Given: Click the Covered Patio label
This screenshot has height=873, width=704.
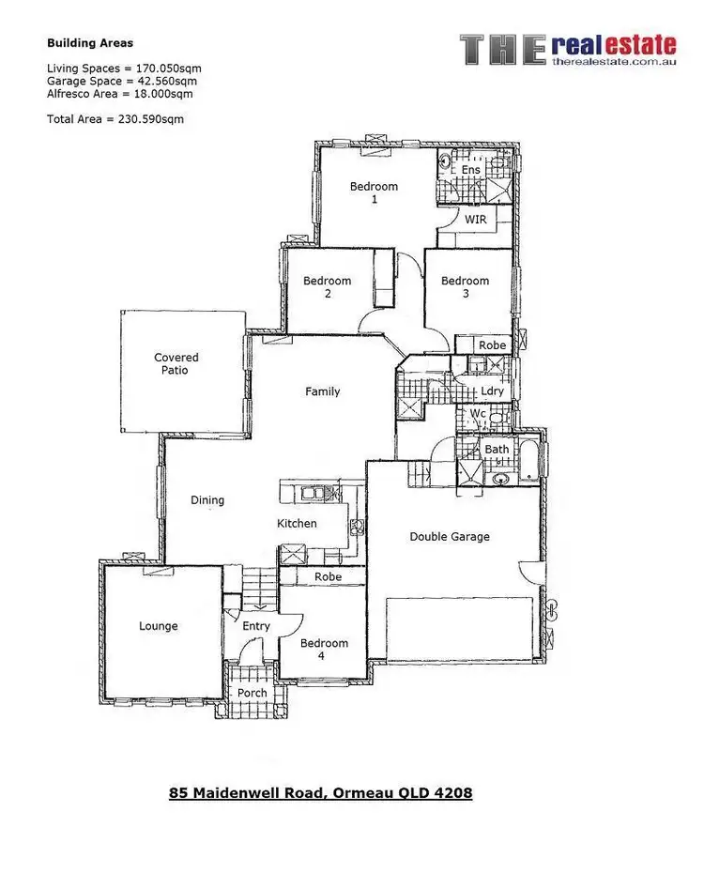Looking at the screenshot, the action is click(x=176, y=364).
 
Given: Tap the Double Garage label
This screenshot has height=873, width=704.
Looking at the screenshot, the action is click(x=450, y=537).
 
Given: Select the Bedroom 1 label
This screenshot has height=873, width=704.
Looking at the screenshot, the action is click(x=374, y=192).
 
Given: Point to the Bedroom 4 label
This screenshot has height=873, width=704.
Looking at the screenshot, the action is click(x=324, y=650).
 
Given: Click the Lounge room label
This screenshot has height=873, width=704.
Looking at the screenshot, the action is click(x=158, y=626).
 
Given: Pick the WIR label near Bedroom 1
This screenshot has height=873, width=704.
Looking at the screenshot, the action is click(x=476, y=220).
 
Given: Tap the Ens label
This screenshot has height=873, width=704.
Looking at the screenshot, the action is click(x=470, y=170).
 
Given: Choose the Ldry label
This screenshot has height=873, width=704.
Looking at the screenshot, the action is click(x=492, y=391).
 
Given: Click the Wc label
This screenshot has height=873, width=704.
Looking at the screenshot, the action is click(x=478, y=414).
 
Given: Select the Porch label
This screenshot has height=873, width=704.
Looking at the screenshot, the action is click(x=252, y=694).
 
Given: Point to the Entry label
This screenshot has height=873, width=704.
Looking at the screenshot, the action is click(x=255, y=626).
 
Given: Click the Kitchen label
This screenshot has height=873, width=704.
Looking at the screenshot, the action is click(x=297, y=524).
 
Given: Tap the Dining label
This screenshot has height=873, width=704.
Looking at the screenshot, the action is click(x=207, y=500).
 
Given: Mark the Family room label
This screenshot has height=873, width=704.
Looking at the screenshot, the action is click(x=322, y=391).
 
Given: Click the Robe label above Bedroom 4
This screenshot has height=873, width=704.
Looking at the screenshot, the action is click(x=328, y=576).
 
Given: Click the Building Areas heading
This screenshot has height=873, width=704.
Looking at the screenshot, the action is click(x=90, y=43).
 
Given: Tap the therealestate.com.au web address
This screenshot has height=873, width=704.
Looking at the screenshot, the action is click(x=614, y=62).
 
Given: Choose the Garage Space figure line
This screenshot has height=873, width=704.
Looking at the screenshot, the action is click(x=123, y=81).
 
